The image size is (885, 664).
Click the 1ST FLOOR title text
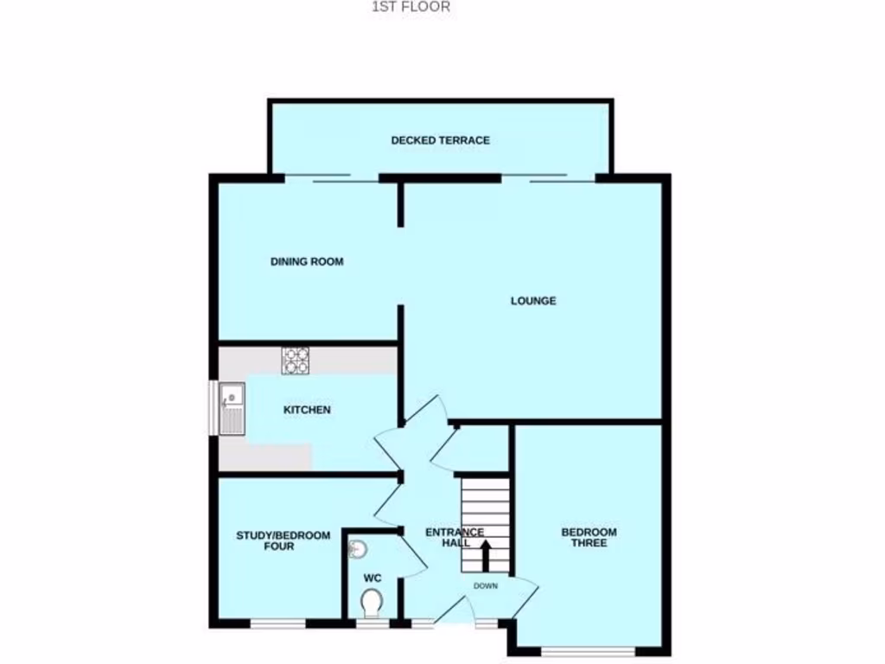coord(411,7)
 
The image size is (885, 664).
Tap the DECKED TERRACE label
coord(440,140)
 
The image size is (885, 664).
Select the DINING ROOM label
coord(307,261)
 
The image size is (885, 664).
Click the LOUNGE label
coord(533,301)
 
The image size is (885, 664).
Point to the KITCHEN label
coord(307,410)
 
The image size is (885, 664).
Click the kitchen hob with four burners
coord(295,361)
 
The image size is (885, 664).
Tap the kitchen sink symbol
coord(232,409)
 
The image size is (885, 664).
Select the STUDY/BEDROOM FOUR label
coord(283,540)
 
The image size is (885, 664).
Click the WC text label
coord(372,577)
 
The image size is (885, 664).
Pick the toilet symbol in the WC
coord(372,603)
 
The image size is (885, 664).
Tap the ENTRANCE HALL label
coord(453,537)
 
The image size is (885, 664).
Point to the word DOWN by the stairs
coord(485,586)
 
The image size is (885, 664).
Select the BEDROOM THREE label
coord(589,537)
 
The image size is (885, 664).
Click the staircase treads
coord(485,510)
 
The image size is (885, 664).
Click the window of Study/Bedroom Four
coord(277,622)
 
